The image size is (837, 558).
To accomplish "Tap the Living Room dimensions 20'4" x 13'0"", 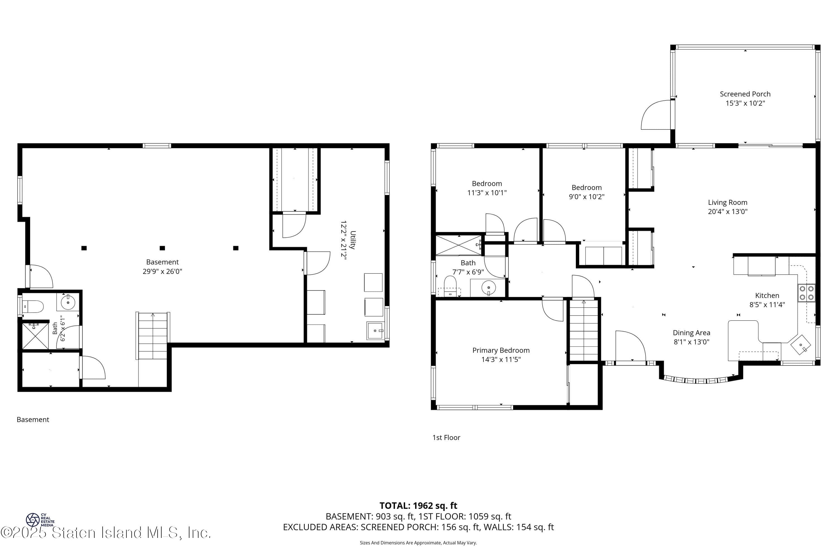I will tap(727, 211).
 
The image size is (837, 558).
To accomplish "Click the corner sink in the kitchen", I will tap(800, 345).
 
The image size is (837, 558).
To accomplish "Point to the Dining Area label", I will tap(691, 333).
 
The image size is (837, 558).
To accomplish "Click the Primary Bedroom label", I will tap(501, 350).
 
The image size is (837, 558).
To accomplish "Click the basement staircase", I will tap(153, 336).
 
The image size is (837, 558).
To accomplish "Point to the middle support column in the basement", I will tap(162, 248).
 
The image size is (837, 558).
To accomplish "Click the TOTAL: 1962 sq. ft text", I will tap(418, 505).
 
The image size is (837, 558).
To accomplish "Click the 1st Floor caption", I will tap(446, 438).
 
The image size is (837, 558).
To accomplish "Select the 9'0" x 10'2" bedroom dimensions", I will tap(586, 196).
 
